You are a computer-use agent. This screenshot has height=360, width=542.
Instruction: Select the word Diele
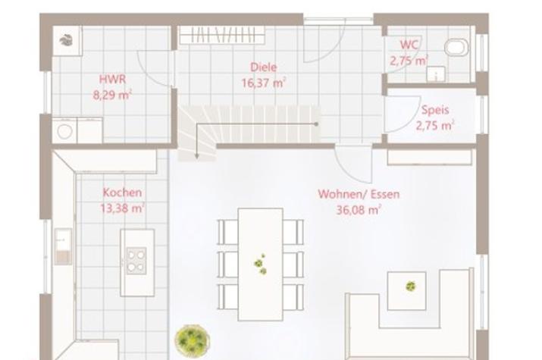[263, 67]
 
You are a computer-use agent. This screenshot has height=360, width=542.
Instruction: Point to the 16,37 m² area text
[263, 83]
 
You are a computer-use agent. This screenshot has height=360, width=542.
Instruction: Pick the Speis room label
[435, 110]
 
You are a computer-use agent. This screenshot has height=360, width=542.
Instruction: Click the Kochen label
[122, 193]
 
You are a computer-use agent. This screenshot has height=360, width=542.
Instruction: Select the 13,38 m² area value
[123, 208]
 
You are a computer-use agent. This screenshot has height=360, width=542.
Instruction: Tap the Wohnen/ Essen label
[358, 194]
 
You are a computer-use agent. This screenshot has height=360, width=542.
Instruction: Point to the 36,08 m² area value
[358, 210]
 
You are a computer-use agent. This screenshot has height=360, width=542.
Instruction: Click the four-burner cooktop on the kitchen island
[136, 261]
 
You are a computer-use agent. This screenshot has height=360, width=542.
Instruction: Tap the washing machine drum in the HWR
[65, 131]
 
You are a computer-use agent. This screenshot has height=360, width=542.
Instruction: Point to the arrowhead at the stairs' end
[196, 156]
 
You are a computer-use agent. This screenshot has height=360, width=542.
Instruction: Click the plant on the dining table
[260, 264]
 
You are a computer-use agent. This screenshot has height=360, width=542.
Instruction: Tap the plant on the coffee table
[410, 286]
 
